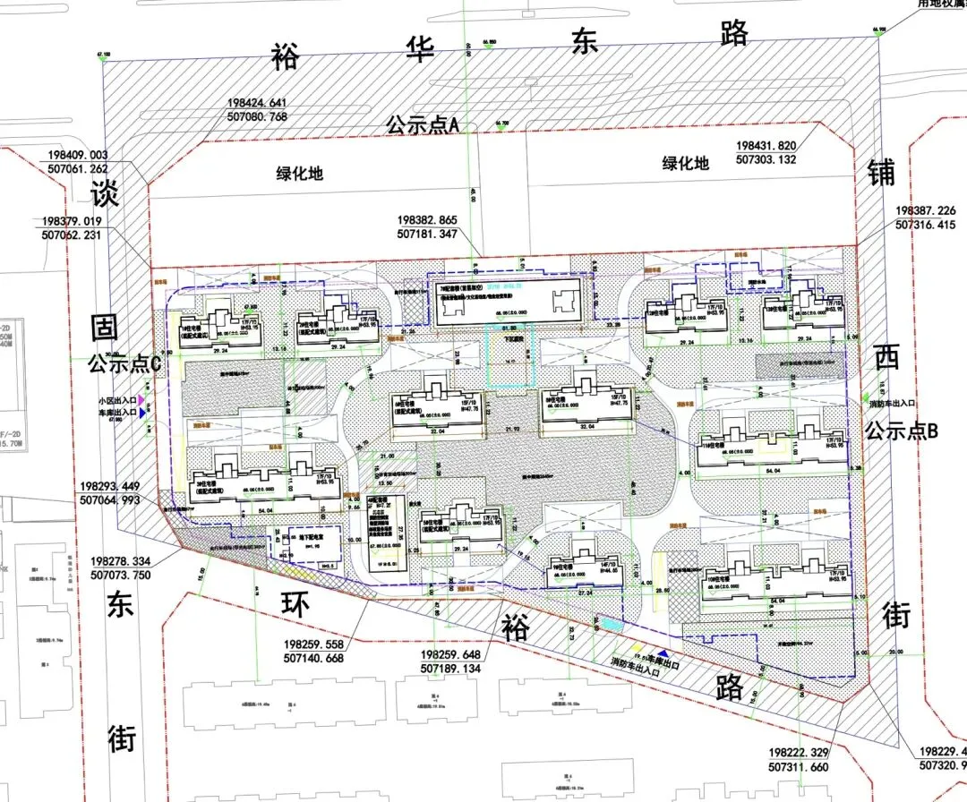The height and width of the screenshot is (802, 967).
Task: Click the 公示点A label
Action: [x=423, y=124]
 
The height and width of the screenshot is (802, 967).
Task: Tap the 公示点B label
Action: [x=901, y=431]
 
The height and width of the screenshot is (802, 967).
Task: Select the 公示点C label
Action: [x=124, y=364]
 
